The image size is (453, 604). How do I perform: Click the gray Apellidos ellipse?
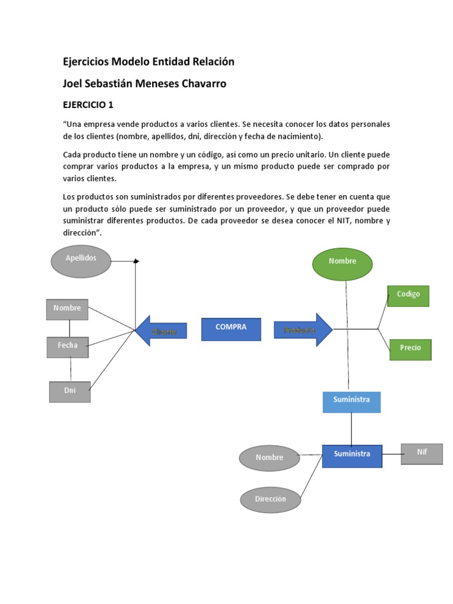pos(81,261)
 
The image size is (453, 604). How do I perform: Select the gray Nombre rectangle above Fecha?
pos(67,309)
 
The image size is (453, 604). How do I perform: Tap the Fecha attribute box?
pos(68,347)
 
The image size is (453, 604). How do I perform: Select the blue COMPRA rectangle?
pos(231,329)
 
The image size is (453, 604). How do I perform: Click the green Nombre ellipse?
pos(343,263)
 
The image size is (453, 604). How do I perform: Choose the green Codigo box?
pos(408,296)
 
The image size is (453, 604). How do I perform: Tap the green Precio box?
pos(410,349)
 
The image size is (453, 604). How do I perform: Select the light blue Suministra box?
pos(352,401)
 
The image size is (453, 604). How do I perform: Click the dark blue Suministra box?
pos(352,455)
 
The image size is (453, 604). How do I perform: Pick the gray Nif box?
pos(422,454)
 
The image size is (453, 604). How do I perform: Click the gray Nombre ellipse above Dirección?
pos(270,458)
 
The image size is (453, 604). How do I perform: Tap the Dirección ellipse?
pos(271,500)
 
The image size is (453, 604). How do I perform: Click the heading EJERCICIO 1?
pos(88,105)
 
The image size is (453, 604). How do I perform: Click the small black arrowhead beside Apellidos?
pos(136,261)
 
